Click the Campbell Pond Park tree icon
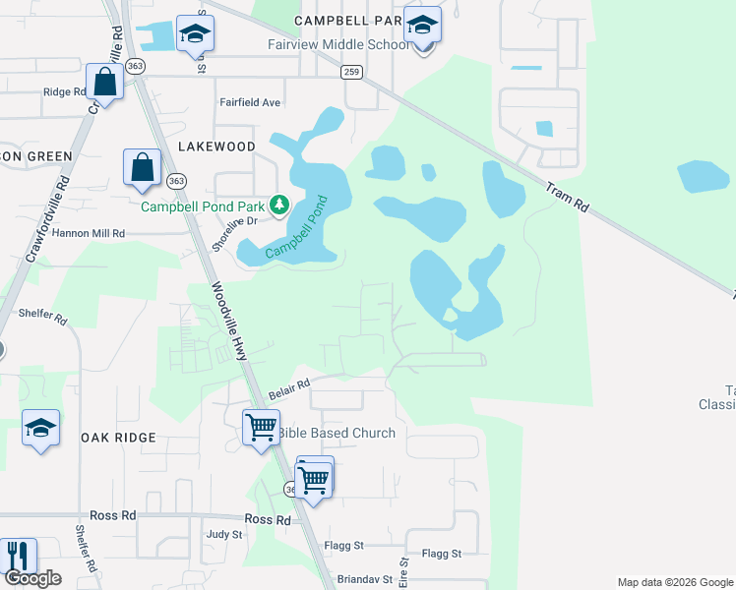[280, 205]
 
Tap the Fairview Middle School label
[337, 45]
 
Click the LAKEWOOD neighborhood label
[216, 147]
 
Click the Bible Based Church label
[337, 433]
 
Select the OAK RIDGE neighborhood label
[118, 438]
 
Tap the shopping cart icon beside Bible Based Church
[260, 428]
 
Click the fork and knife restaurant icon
[19, 556]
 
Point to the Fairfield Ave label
[250, 102]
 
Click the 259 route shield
[352, 72]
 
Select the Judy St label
[224, 535]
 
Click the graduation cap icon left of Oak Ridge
[40, 428]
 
